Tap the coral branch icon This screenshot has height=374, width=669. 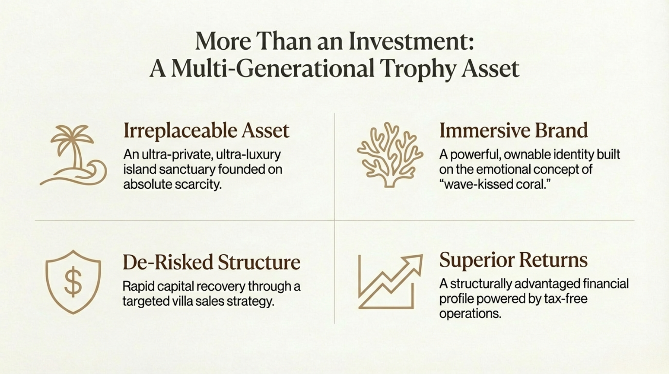tap(390, 155)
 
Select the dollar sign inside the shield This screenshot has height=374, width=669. tap(73, 282)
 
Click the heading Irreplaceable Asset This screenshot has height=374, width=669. tap(206, 130)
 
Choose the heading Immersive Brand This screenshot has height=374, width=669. tap(514, 130)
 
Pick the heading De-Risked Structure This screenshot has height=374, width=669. tap(212, 262)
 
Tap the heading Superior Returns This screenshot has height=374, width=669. tap(513, 260)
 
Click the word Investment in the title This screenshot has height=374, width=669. tap(411, 41)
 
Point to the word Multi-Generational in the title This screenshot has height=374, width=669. tap(272, 68)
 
